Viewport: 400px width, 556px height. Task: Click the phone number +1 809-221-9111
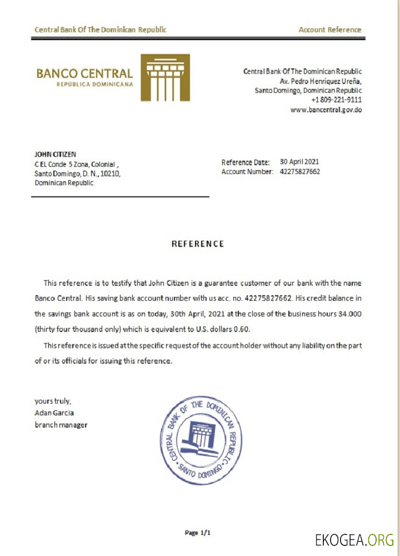coord(337,100)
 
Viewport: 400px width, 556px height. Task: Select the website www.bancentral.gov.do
coord(326,110)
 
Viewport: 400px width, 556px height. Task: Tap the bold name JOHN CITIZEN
coord(55,154)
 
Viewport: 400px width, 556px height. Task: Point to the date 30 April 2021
coord(299,162)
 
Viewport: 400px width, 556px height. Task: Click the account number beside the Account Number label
coord(299,172)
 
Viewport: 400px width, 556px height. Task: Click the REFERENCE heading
coord(198,244)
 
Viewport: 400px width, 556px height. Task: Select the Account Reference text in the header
coord(329,30)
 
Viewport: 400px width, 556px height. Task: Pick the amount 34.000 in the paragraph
coord(350,314)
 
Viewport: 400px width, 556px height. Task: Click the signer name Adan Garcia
coord(54,413)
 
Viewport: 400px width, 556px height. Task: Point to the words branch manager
coord(61,425)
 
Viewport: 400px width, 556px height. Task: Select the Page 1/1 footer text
coord(198,533)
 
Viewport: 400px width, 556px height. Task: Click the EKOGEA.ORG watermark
coord(354,539)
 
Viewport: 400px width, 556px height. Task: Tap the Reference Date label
coord(246,162)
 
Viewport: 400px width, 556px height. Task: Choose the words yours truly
coord(53,401)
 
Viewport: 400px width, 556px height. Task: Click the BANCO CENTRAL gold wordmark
coord(84,73)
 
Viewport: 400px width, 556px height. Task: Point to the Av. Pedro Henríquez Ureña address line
coord(321,81)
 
